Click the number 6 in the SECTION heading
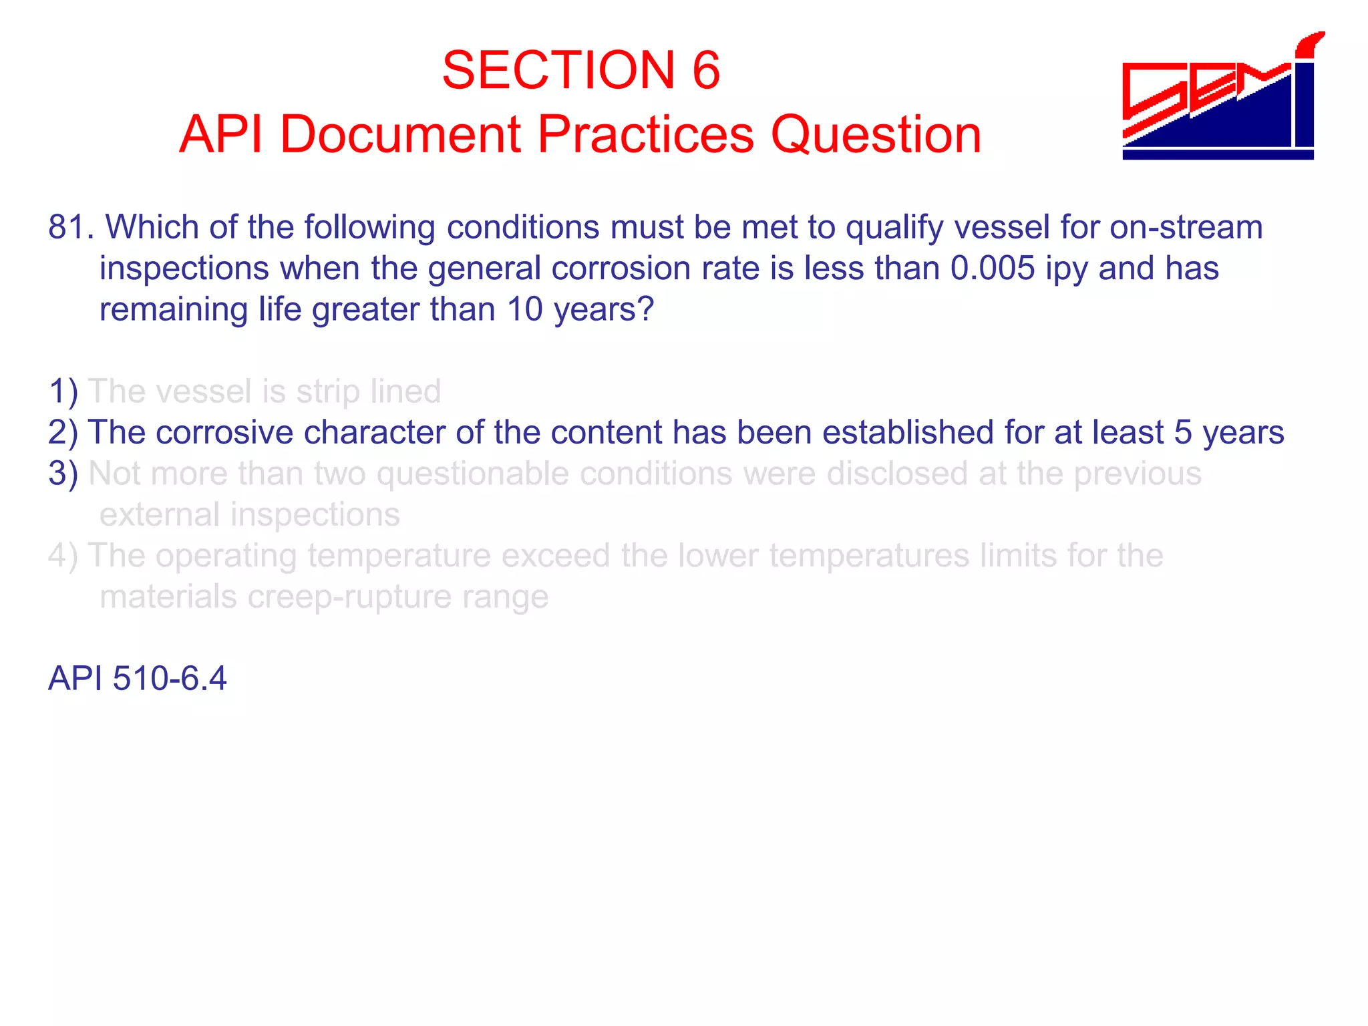(x=705, y=70)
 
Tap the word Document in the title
(x=399, y=135)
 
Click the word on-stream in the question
(x=1186, y=228)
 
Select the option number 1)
(x=63, y=391)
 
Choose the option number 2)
(x=63, y=433)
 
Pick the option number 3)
(x=63, y=474)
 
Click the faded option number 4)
(x=63, y=556)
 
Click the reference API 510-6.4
(x=138, y=679)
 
